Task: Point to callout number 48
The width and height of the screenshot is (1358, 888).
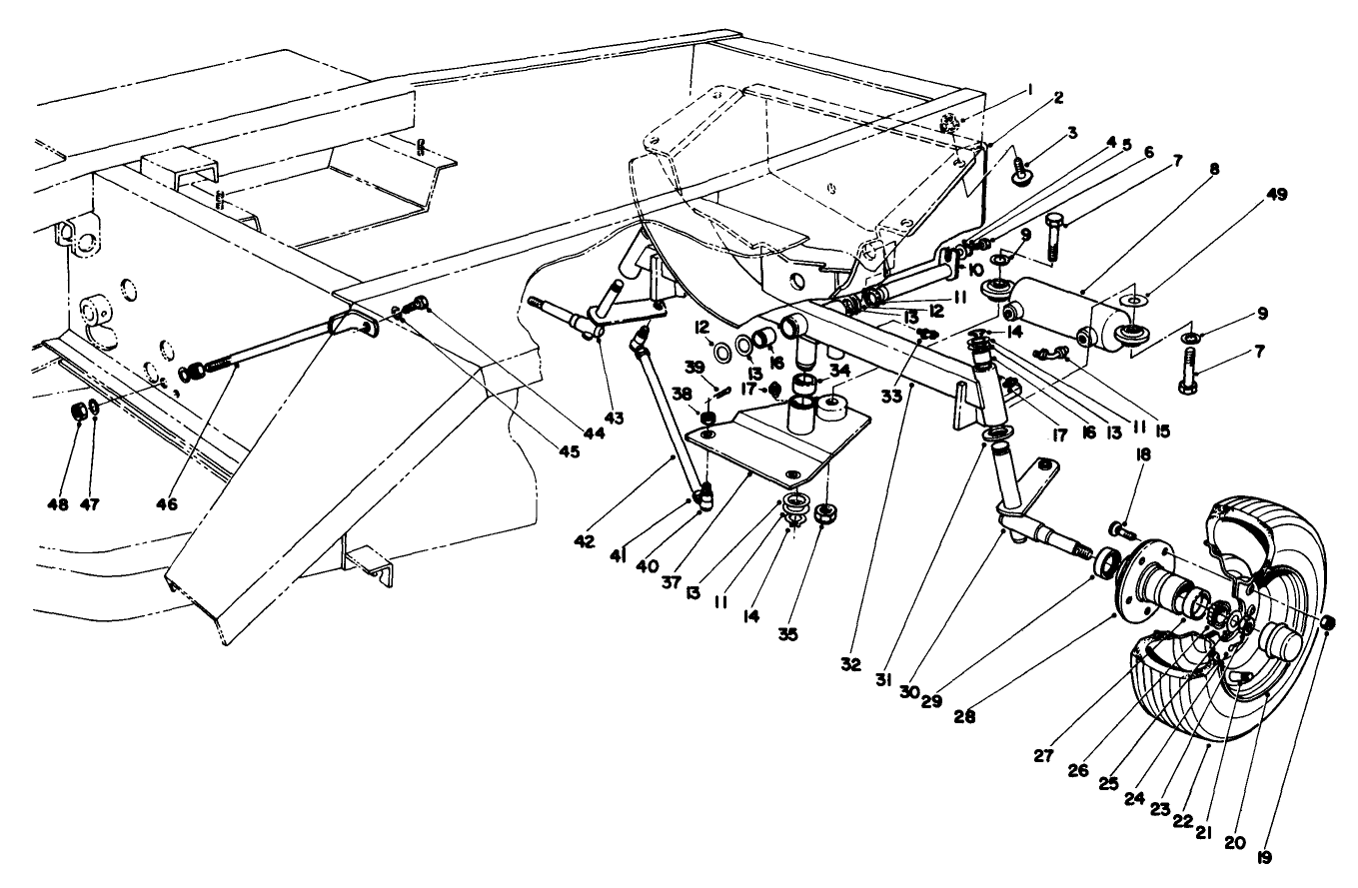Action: click(x=58, y=505)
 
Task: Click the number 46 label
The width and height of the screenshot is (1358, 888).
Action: click(x=166, y=505)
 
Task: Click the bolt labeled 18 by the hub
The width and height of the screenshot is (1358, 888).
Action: click(x=1119, y=529)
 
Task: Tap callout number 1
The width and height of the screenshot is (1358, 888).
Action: click(x=1028, y=88)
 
